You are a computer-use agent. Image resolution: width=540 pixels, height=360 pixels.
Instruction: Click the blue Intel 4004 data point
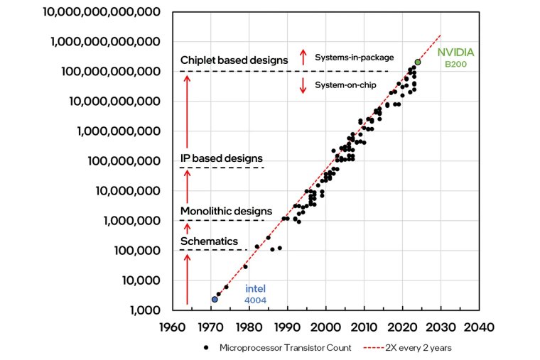(x=215, y=300)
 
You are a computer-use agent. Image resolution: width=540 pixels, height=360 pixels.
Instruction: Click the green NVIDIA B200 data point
(x=418, y=62)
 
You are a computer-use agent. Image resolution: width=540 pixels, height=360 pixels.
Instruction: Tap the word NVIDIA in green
(x=455, y=53)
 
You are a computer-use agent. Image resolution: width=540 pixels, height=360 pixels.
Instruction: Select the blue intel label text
(x=256, y=289)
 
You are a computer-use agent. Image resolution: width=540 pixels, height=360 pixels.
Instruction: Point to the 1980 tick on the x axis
(x=249, y=328)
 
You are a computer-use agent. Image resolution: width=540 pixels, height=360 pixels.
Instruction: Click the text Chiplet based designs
(x=234, y=60)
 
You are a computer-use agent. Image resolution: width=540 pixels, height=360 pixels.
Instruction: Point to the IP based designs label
(x=221, y=158)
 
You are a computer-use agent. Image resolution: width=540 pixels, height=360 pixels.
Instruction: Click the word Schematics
(x=209, y=241)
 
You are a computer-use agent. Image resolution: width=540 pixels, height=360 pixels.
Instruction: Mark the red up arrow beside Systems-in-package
(x=303, y=56)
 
